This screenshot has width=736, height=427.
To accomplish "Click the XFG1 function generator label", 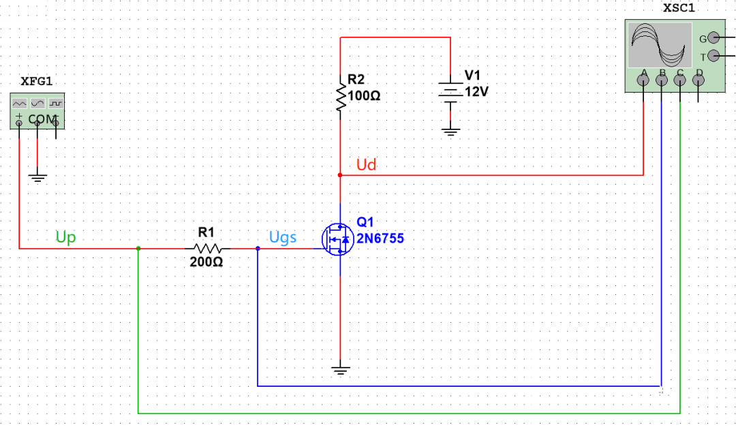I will (36, 81).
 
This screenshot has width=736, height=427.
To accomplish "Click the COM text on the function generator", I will (42, 119).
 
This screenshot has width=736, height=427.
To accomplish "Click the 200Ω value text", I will (206, 262).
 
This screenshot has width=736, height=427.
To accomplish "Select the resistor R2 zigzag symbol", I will (339, 95).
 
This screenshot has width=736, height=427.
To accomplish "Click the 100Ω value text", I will (364, 96).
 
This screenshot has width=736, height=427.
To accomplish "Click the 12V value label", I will (476, 92).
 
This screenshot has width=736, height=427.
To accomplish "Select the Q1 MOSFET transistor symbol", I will (336, 239).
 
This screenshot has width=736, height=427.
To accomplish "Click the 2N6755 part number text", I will (375, 239).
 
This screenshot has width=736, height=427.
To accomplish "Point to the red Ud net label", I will (366, 165).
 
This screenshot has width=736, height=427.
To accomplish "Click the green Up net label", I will (65, 237).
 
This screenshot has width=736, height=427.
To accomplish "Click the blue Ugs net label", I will (282, 237).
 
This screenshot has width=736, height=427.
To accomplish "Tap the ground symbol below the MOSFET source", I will (339, 370).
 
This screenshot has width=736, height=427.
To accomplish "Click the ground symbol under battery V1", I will (450, 129).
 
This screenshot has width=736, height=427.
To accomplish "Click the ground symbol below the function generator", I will (37, 178).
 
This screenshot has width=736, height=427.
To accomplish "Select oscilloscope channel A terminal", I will (643, 80).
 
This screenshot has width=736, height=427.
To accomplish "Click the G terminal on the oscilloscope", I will (713, 38).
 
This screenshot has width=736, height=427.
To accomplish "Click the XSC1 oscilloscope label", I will (679, 8).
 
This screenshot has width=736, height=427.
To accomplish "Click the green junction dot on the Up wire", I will (138, 249).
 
